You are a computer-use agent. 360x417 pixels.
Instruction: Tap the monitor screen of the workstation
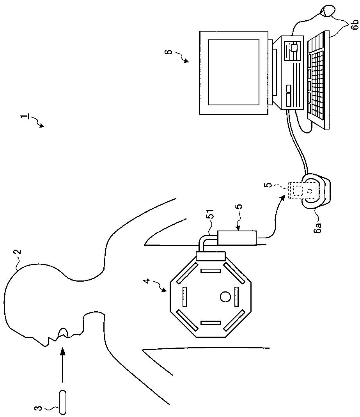pyautogui.click(x=234, y=72)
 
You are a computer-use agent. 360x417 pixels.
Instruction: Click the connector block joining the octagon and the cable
pyautogui.click(x=211, y=257)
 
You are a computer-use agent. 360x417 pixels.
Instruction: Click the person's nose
pyautogui.click(x=43, y=344)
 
